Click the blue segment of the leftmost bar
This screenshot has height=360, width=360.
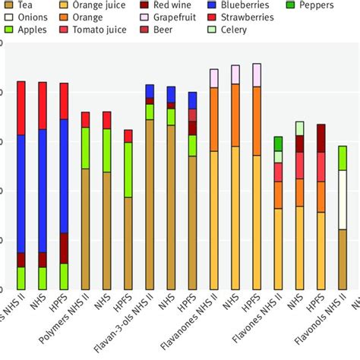pos(21,193)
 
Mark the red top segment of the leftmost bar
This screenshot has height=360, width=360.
pos(21,108)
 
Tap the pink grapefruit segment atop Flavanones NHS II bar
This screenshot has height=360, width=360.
pos(214,78)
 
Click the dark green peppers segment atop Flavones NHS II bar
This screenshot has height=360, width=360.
pos(279,144)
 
